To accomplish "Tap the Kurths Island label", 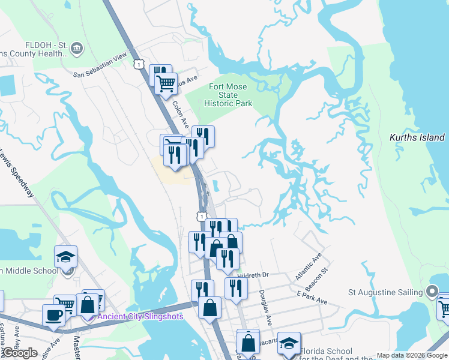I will [x=417, y=137].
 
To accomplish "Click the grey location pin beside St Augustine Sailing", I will [x=432, y=292].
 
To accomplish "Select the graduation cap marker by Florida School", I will [x=289, y=343].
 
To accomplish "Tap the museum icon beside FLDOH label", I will [x=76, y=48].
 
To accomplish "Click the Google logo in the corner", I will [x=20, y=352].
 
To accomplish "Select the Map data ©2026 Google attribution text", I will [x=412, y=355].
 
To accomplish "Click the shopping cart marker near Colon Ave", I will [x=166, y=83].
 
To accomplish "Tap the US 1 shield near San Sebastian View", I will [x=139, y=64].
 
